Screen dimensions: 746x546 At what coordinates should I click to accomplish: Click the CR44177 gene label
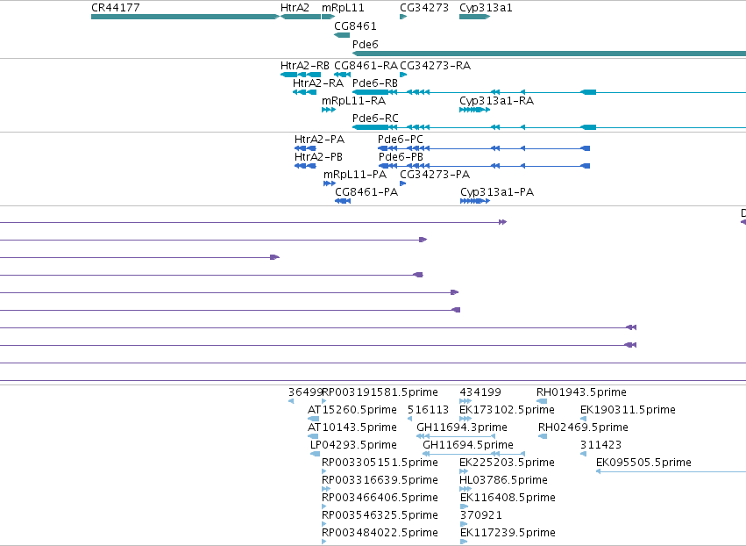[x=115, y=8]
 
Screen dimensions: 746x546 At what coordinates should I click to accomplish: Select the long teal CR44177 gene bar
[x=185, y=17]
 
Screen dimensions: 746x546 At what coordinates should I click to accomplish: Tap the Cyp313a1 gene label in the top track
[x=486, y=8]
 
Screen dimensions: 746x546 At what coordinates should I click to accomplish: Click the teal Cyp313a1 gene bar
[x=474, y=17]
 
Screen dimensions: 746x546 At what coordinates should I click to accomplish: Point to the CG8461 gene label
[x=355, y=26]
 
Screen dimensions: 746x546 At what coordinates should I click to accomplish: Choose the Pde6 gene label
[x=365, y=44]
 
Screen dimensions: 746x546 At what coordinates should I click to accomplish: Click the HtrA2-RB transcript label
[x=304, y=66]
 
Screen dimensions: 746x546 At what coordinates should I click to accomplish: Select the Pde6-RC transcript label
[x=375, y=119]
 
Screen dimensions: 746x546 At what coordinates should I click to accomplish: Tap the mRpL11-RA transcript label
[x=353, y=101]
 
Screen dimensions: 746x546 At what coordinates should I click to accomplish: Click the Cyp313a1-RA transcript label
[x=496, y=101]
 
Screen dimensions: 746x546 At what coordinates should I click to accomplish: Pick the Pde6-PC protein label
[x=400, y=140]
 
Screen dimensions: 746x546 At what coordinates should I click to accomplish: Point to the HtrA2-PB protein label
[x=318, y=157]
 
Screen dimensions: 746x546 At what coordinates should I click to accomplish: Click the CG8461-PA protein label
[x=366, y=192]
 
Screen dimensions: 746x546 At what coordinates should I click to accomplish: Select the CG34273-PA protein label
[x=435, y=175]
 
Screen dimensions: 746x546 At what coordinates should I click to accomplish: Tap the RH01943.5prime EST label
[x=581, y=392]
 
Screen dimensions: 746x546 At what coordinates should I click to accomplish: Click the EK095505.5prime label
[x=643, y=462]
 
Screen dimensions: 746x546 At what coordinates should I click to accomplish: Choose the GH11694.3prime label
[x=461, y=427]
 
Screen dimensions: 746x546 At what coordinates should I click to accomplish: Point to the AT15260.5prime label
[x=352, y=410]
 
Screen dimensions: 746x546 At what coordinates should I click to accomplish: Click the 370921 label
[x=480, y=515]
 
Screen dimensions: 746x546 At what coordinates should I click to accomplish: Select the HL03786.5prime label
[x=503, y=480]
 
